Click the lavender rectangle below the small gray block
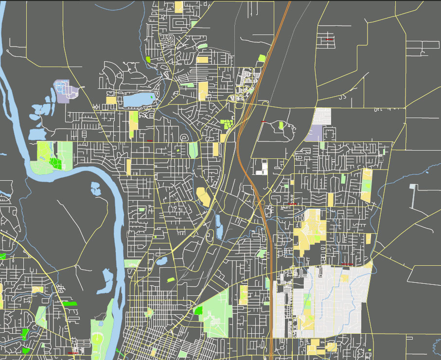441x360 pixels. pos(315,133)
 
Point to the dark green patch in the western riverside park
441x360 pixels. pos(56,164)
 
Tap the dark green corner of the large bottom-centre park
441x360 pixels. pos(198,310)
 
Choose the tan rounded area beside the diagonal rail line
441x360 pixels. pos(204,196)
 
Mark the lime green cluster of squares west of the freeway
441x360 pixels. pos(227,123)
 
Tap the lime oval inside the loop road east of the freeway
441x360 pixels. pos(281,125)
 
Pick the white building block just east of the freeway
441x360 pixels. pos(262,168)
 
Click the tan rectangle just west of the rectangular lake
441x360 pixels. pos(111,100)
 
